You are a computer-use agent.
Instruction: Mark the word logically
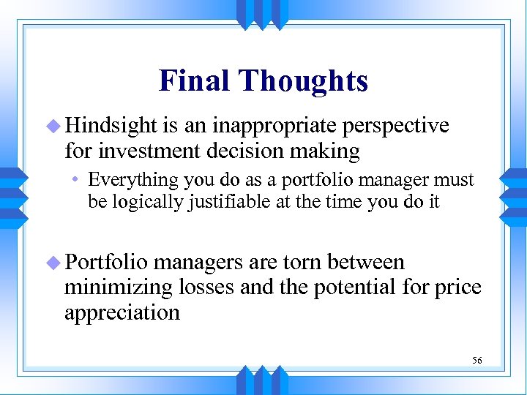[x=150, y=202]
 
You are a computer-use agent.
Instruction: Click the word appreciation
[x=122, y=313]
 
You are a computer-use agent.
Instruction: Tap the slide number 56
[x=476, y=361]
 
